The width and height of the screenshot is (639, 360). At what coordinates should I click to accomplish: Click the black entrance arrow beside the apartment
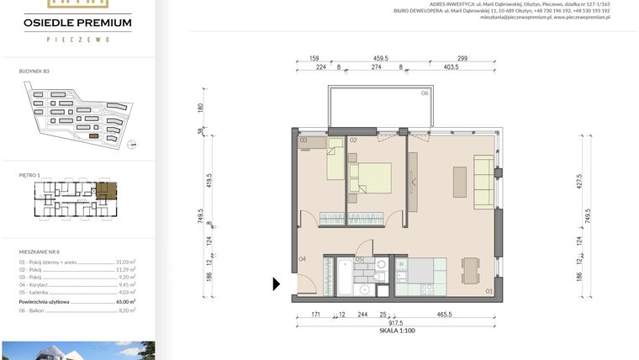pyautogui.click(x=277, y=284)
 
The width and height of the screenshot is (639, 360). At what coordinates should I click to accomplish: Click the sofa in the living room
pyautogui.click(x=483, y=181)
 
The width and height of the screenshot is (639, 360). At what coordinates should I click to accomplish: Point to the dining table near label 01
pyautogui.click(x=469, y=271)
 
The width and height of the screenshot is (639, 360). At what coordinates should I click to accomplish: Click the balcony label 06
pyautogui.click(x=425, y=93)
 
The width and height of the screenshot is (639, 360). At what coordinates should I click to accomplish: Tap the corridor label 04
pyautogui.click(x=301, y=259)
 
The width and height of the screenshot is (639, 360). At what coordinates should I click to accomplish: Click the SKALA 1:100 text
pyautogui.click(x=398, y=331)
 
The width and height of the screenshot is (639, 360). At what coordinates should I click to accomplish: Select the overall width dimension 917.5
pyautogui.click(x=394, y=322)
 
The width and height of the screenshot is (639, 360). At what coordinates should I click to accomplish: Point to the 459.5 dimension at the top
pyautogui.click(x=386, y=59)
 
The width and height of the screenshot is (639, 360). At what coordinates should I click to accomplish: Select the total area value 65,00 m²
pyautogui.click(x=126, y=300)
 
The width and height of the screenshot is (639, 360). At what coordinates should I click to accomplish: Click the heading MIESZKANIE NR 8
pyautogui.click(x=40, y=251)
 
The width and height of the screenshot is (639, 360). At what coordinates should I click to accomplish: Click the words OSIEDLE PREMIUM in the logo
pyautogui.click(x=77, y=22)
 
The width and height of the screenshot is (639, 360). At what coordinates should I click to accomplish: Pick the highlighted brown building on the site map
pyautogui.click(x=94, y=135)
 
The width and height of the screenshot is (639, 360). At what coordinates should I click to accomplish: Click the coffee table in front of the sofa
pyautogui.click(x=459, y=182)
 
